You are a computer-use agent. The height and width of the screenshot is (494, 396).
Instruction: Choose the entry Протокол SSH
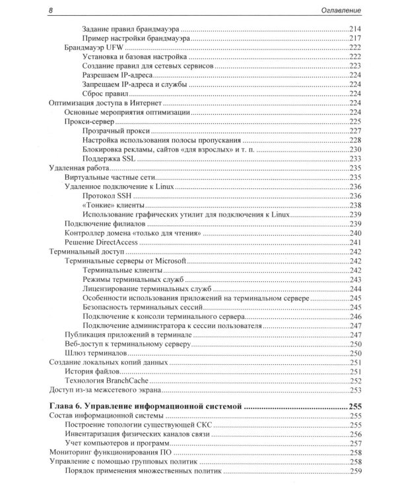[110, 196]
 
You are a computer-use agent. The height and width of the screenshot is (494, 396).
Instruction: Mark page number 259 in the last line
[356, 472]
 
